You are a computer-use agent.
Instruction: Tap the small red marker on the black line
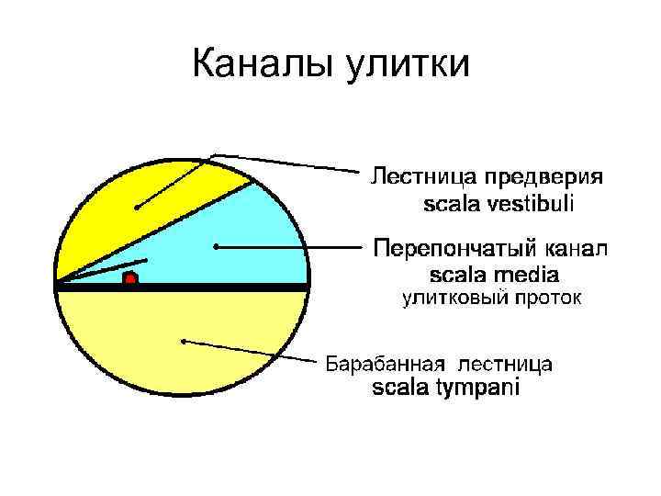(x=130, y=277)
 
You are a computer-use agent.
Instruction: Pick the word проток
(x=541, y=298)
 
